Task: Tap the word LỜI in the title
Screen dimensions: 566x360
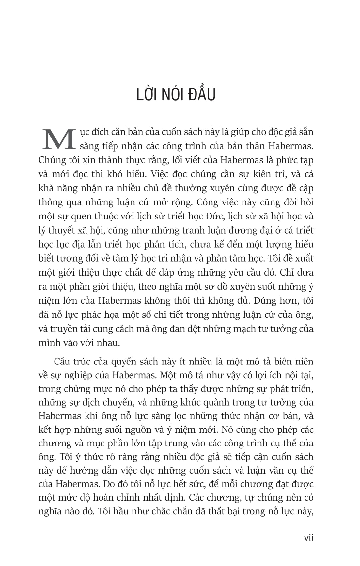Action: tap(146, 94)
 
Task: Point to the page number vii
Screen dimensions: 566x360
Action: tap(308, 537)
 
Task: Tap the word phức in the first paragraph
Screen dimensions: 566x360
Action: tap(277, 160)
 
